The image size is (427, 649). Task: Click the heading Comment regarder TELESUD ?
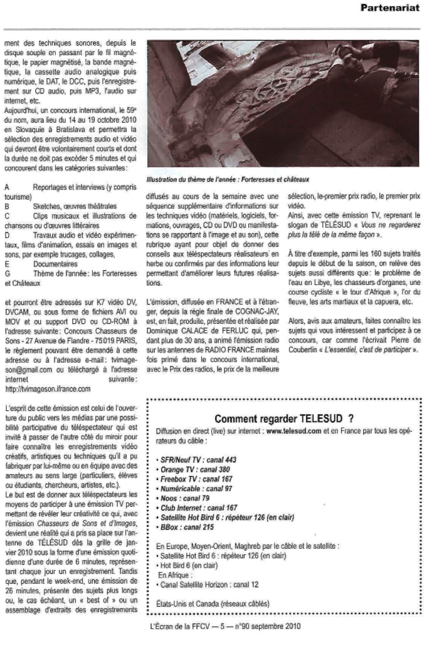pos(284,418)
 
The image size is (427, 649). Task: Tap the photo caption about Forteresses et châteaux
pos(213,179)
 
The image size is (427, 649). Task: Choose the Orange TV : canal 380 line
pos(191,469)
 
